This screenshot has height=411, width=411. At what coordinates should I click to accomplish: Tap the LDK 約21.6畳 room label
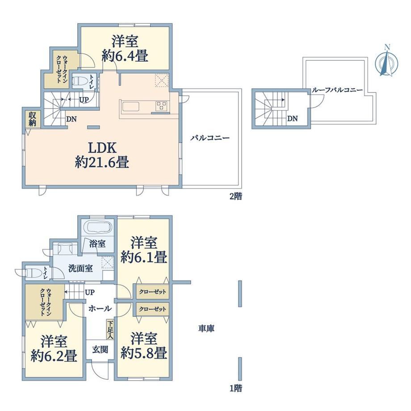[102, 155]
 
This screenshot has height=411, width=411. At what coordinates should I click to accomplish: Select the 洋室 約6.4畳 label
[125, 49]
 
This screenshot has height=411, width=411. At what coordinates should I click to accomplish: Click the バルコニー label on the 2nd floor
[210, 138]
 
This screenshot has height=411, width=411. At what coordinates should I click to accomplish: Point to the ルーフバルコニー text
[337, 90]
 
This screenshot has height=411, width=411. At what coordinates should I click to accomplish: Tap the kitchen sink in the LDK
[130, 107]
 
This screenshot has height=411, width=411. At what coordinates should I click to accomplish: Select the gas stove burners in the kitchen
[161, 106]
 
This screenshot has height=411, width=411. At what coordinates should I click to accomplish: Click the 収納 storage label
[33, 119]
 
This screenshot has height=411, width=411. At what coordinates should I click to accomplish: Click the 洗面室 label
[80, 268]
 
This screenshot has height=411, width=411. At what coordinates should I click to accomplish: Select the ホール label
[100, 309]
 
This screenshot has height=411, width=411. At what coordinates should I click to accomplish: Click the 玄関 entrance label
[100, 349]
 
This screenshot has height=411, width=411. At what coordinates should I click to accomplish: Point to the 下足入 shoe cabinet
[110, 329]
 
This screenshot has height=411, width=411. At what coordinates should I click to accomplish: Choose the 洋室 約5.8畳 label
[144, 345]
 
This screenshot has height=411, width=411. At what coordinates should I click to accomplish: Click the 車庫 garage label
[206, 328]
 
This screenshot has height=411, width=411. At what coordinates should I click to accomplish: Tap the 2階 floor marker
[235, 196]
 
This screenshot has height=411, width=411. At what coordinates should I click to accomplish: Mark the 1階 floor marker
[235, 388]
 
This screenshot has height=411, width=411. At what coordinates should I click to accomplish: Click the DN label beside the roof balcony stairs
[292, 118]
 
